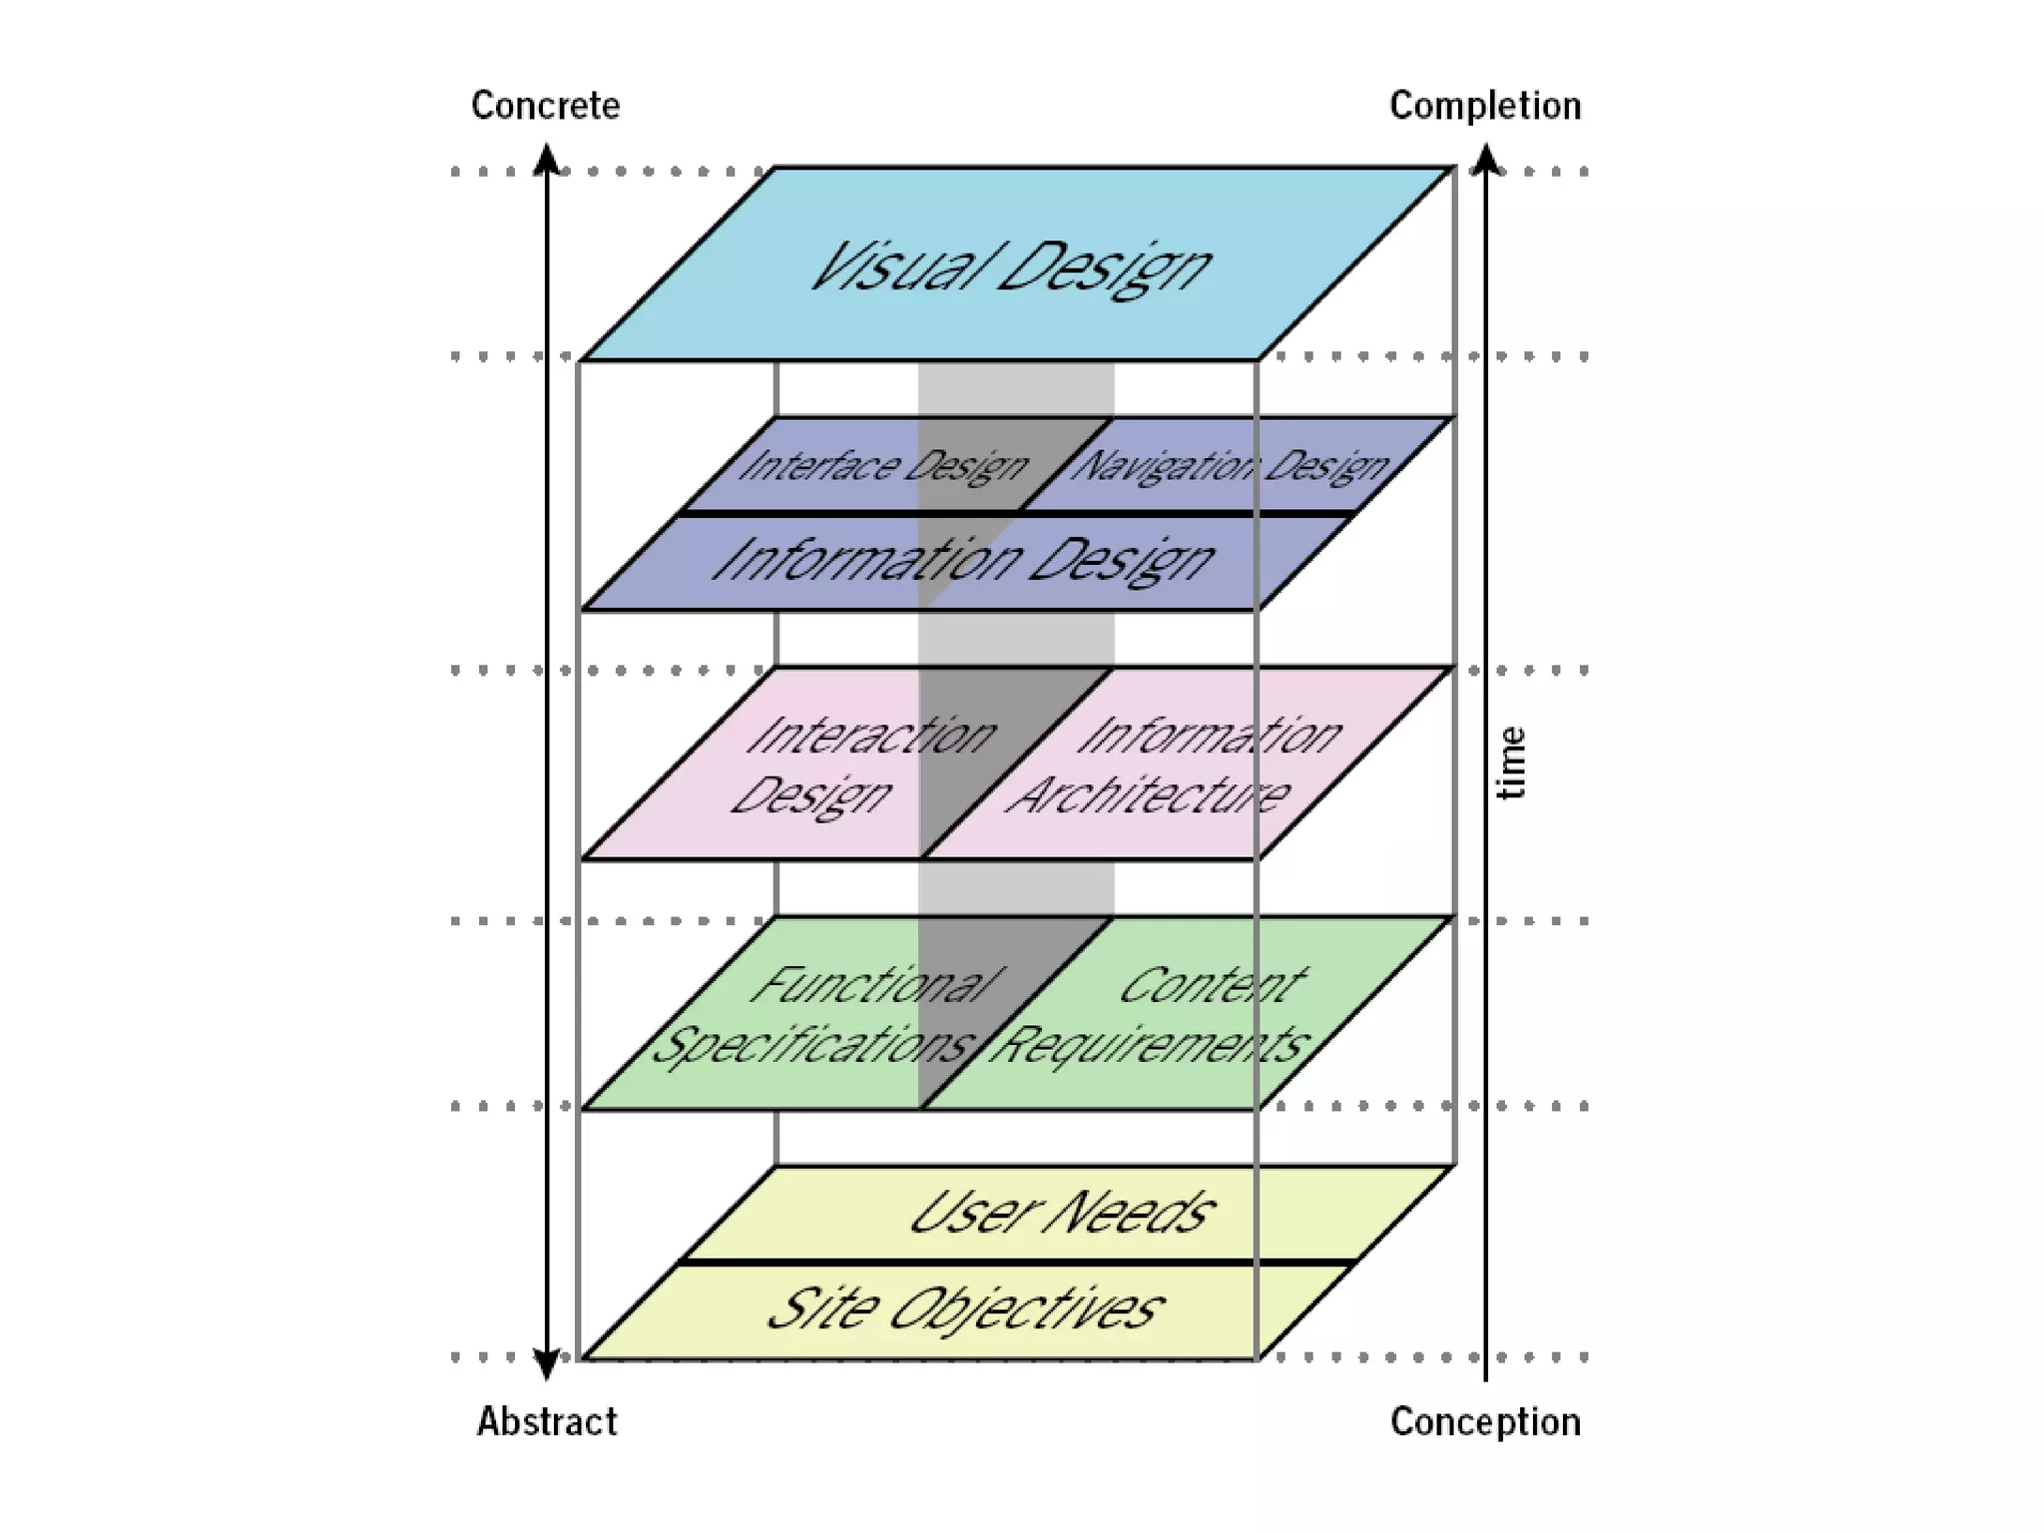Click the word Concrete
click(x=545, y=106)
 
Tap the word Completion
click(x=1485, y=106)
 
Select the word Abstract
click(x=547, y=1421)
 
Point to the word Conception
click(x=1485, y=1421)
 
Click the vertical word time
click(x=1512, y=764)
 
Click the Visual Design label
click(x=1010, y=267)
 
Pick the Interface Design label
click(x=883, y=466)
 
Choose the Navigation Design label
click(x=1230, y=466)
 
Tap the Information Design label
click(x=963, y=560)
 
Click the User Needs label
click(x=1062, y=1214)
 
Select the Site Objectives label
click(x=965, y=1308)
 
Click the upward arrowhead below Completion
click(x=1486, y=160)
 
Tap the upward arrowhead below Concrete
click(x=546, y=160)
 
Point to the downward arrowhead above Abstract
click(x=546, y=1364)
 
